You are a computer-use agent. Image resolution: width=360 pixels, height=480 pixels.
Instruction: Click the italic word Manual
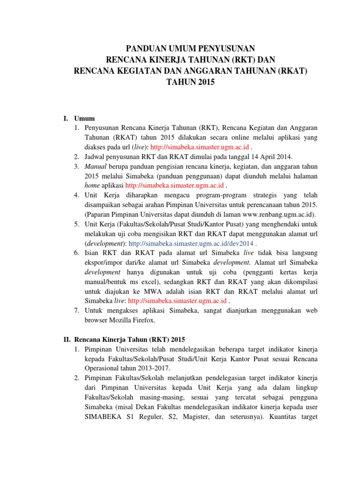95,166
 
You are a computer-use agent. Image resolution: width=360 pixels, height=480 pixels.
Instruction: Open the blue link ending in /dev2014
191,244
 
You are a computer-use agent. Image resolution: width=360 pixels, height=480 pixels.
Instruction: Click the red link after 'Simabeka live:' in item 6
178,300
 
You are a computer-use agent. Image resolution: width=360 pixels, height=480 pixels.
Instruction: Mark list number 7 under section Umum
76,310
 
